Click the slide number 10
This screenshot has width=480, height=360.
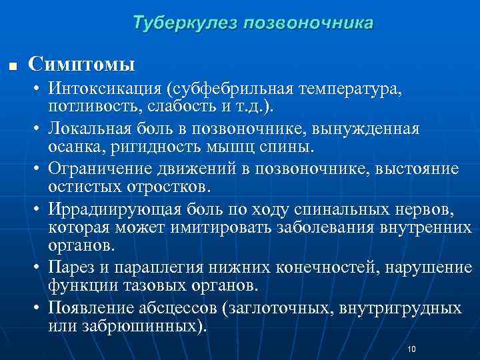[x=411, y=349]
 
